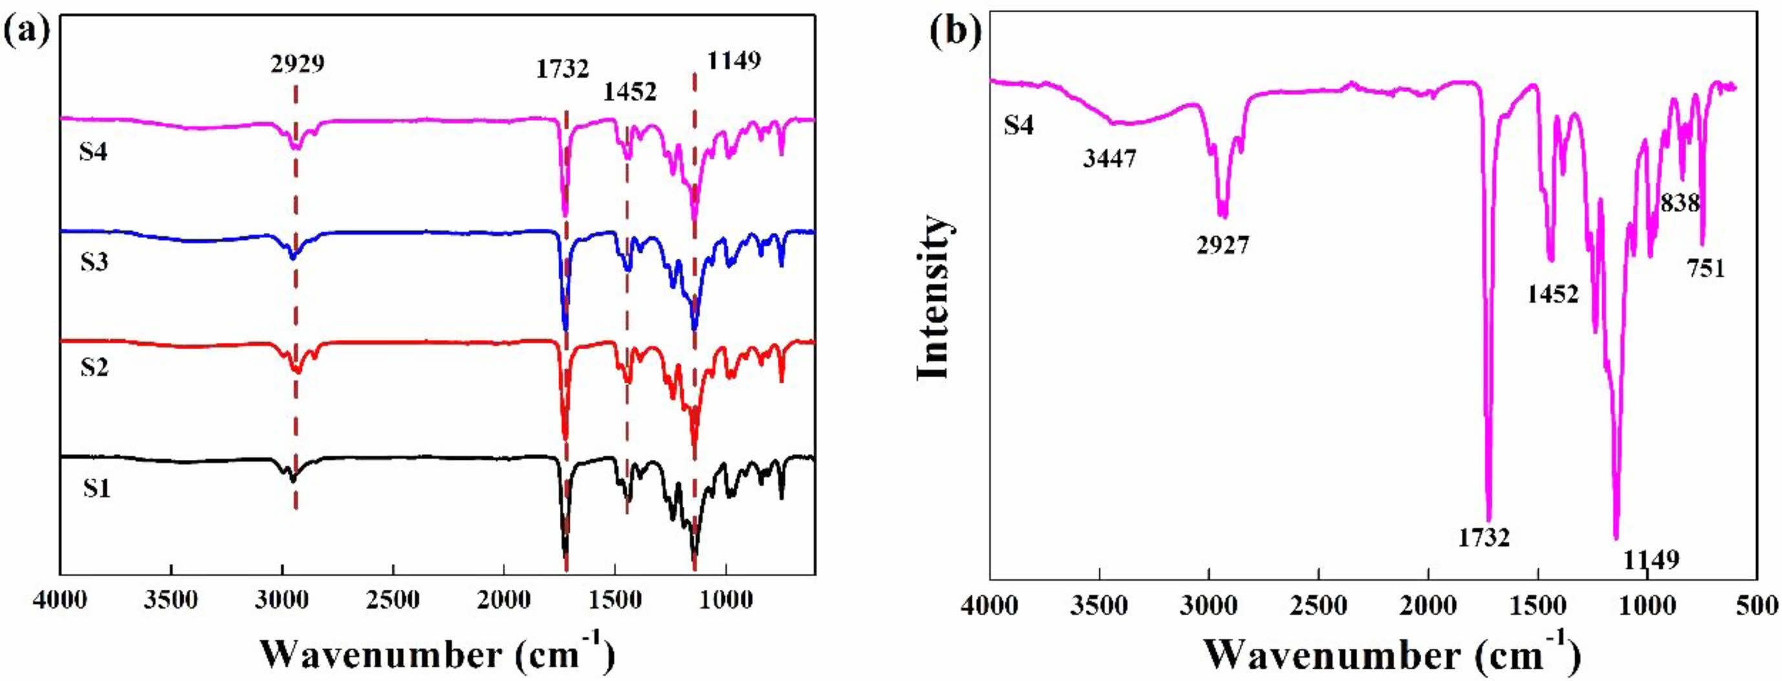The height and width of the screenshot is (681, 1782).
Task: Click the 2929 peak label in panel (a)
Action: click(297, 65)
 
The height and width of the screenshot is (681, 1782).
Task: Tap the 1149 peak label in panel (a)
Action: click(733, 61)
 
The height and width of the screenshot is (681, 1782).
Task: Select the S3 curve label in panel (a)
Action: click(94, 263)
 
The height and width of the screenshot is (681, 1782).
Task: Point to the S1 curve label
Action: click(97, 489)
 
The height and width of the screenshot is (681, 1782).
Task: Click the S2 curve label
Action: click(94, 367)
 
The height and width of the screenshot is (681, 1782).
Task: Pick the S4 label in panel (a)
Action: click(92, 151)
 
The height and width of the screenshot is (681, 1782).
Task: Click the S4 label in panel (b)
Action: click(1018, 126)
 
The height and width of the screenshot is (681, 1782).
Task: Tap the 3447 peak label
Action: click(1110, 159)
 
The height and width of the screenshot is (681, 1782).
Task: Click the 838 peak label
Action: click(1680, 204)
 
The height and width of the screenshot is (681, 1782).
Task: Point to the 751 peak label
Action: click(1706, 268)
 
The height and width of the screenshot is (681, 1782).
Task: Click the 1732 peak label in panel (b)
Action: click(1484, 537)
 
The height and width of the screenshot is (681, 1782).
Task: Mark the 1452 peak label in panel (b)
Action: click(1553, 295)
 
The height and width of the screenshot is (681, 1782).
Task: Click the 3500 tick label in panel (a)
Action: click(171, 600)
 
